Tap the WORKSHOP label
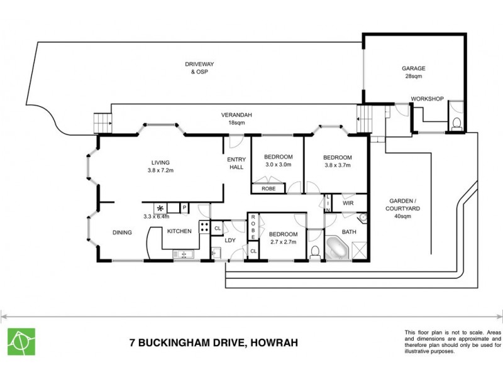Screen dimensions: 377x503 click(427, 99)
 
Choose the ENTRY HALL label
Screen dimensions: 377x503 click(236, 163)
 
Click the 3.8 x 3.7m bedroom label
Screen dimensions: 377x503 click(337, 161)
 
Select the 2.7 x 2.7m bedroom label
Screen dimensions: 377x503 click(282, 237)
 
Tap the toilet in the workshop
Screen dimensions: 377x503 click(457, 122)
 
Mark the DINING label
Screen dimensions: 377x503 click(122, 232)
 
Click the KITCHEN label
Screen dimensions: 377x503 click(179, 231)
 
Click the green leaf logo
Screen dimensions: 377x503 click(21, 341)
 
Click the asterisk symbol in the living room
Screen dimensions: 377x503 click(160, 208)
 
